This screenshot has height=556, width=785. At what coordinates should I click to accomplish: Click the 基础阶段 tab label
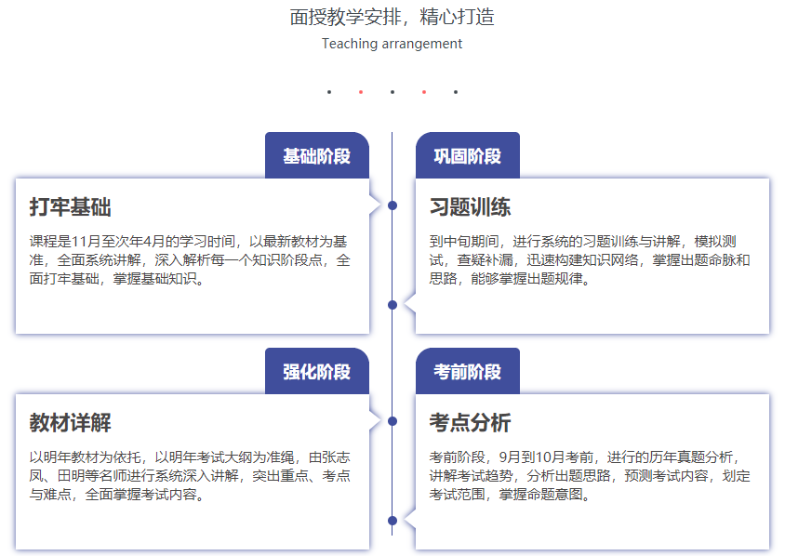coord(316,156)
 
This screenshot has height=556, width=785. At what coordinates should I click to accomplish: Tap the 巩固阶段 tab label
coord(467,156)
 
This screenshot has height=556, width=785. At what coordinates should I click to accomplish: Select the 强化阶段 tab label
coord(316,372)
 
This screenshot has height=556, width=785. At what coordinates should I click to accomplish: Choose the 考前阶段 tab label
coord(467,372)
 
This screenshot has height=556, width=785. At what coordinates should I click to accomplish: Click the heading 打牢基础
coord(70,206)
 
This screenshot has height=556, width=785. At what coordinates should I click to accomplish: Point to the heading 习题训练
coord(470,206)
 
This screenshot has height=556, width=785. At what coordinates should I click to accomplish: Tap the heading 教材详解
coord(70,422)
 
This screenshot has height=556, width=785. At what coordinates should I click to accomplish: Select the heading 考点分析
coord(470,422)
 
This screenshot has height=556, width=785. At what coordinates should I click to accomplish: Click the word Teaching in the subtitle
coord(350,44)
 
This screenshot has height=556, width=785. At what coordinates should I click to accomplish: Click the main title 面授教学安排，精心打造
coord(392,17)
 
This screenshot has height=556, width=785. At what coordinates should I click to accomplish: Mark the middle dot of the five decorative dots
coord(392,92)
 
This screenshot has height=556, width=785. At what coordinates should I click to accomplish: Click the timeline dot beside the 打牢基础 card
coord(392,205)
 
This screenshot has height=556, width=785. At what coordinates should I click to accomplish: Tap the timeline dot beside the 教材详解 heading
coord(392,421)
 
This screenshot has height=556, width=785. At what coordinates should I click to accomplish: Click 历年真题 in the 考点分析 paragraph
coord(676,457)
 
